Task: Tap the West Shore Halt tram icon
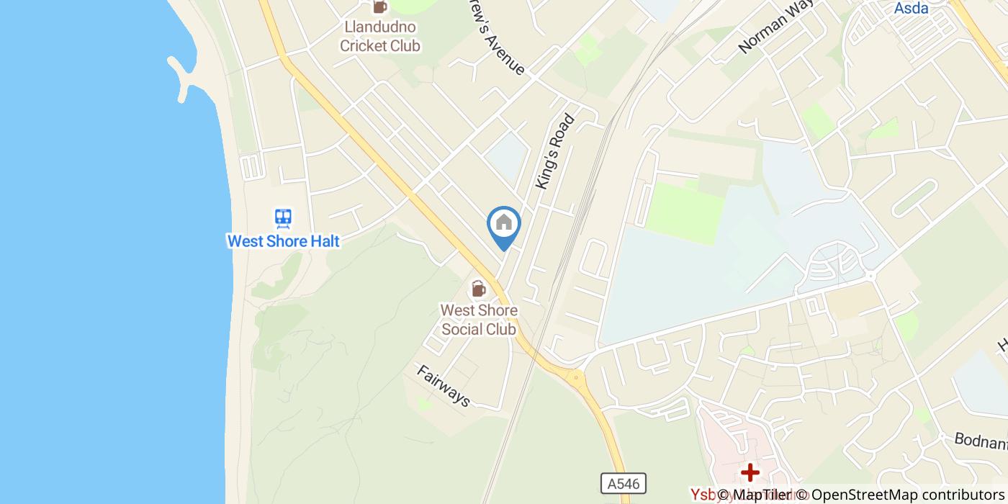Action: click(x=283, y=218)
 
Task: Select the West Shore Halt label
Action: click(x=283, y=241)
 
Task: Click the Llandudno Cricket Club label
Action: click(x=380, y=37)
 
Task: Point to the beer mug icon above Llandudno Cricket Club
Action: click(x=380, y=7)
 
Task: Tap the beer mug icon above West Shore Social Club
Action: click(x=478, y=289)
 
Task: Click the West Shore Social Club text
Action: click(x=479, y=320)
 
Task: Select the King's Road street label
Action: click(x=555, y=152)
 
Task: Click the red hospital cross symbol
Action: click(x=750, y=472)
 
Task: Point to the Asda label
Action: click(x=911, y=9)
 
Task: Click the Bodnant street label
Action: click(x=980, y=440)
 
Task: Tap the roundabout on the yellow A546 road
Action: click(x=575, y=376)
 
